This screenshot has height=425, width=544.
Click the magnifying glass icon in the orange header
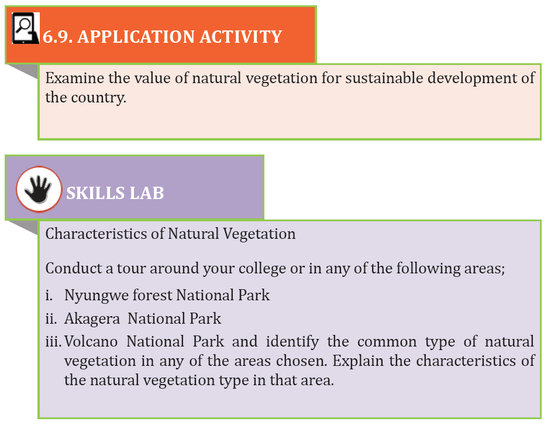tap(25, 28)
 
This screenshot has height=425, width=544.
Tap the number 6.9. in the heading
tap(57, 37)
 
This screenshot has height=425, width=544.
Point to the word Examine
tap(74, 78)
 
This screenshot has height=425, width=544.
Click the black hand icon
tap(39, 189)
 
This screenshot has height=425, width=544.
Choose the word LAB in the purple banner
tap(146, 193)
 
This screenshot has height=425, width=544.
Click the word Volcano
tap(91, 342)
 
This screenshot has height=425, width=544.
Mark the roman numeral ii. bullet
tap(51, 318)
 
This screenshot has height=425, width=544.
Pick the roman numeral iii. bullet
tap(53, 342)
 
